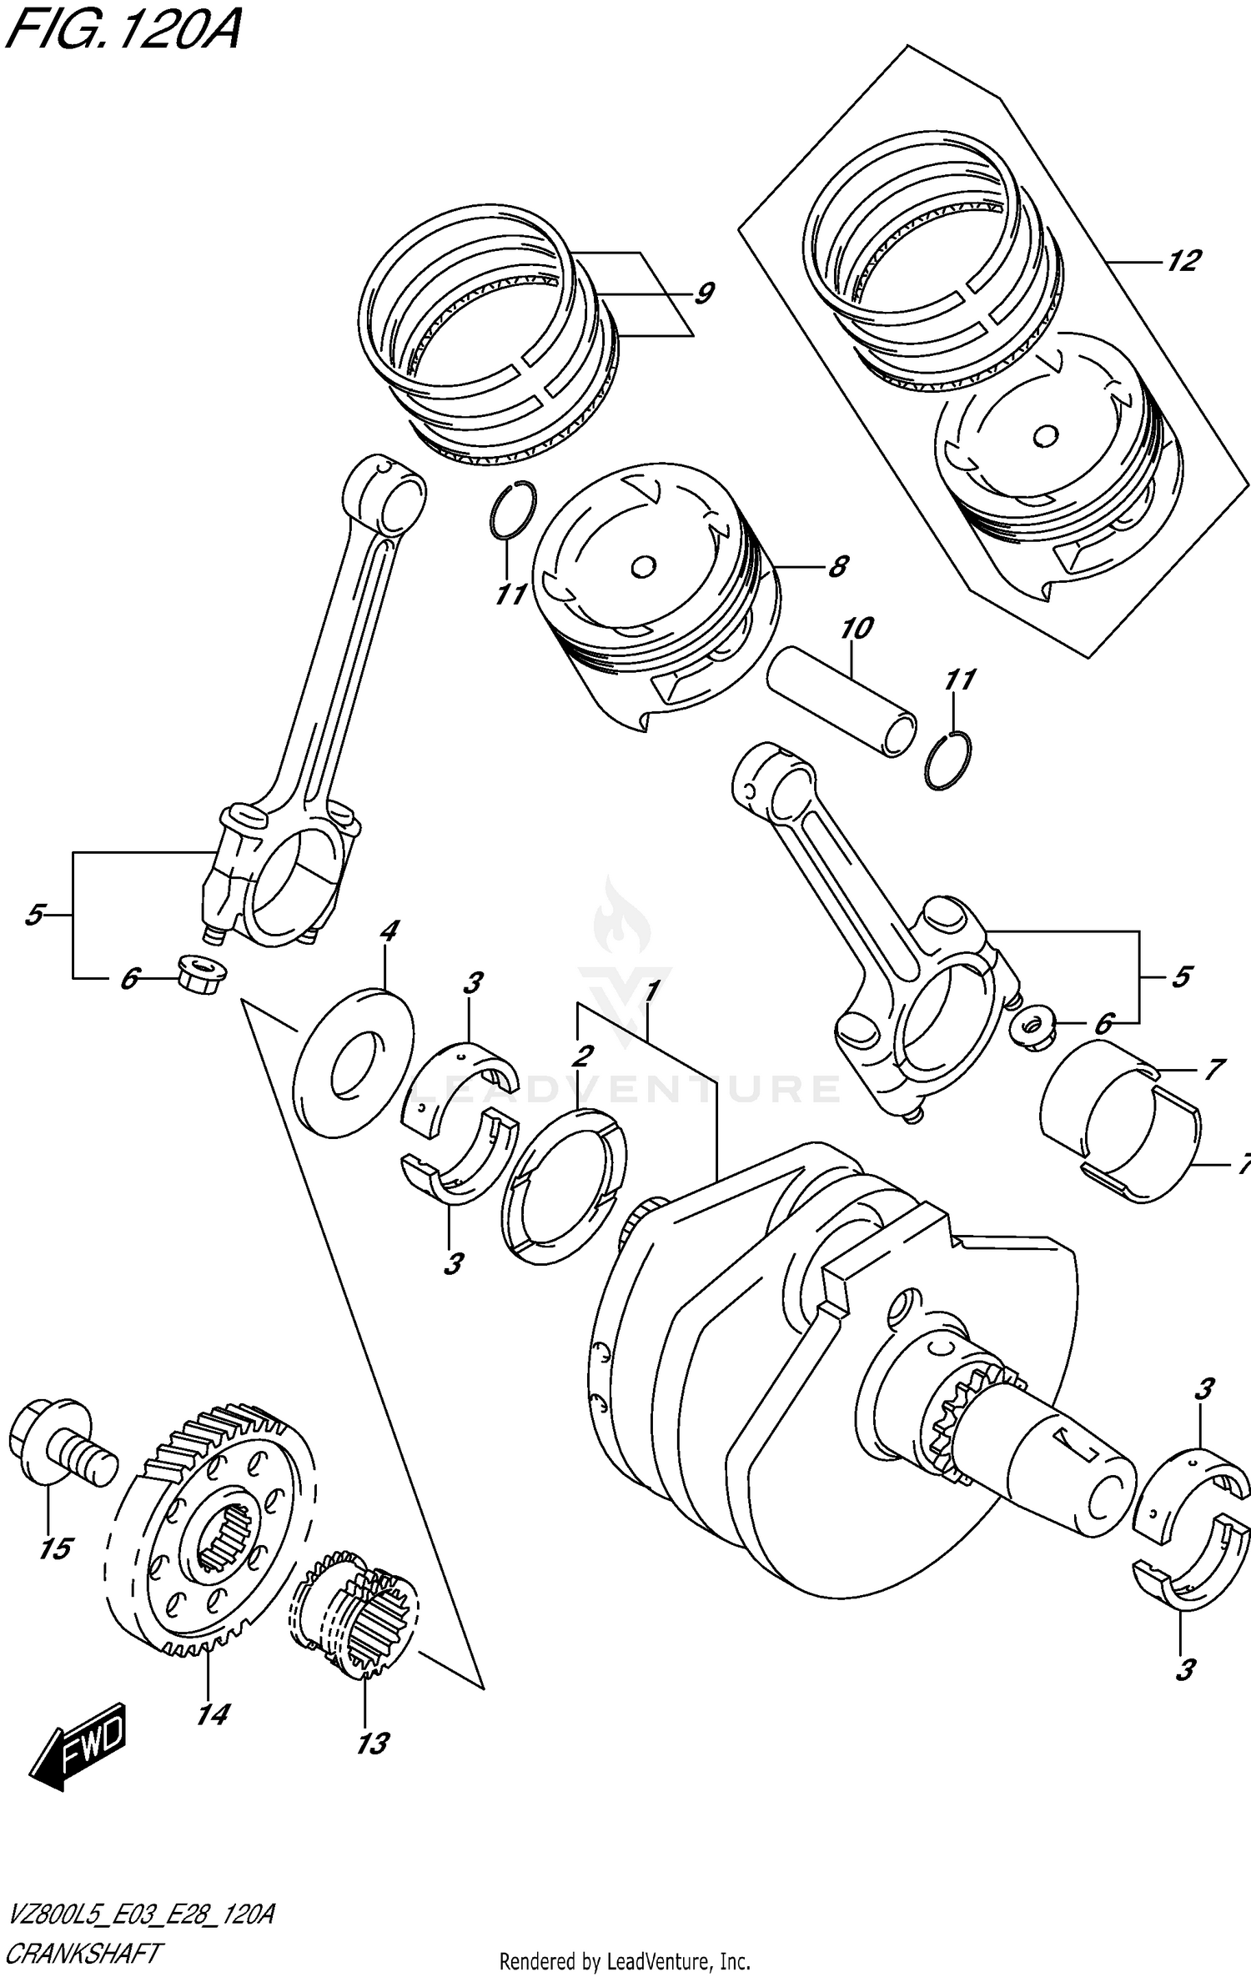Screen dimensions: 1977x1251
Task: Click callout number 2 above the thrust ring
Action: pos(581,1056)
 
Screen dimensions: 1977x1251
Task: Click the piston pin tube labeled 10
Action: pos(842,701)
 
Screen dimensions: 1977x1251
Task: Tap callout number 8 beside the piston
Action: pos(837,567)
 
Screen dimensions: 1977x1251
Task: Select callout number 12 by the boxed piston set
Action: pos(1183,261)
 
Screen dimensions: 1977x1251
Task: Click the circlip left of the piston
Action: pos(512,509)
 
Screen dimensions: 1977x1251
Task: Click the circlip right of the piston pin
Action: pos(948,760)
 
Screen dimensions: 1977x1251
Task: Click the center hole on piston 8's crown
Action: pos(643,567)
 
